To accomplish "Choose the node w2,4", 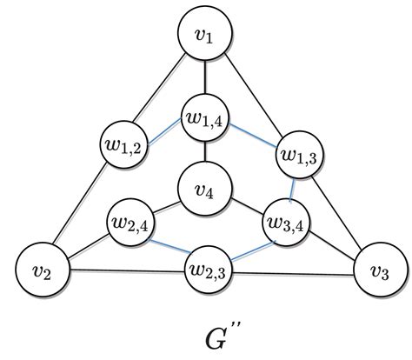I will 131,221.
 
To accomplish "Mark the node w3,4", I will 285,223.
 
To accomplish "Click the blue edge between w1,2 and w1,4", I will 164,132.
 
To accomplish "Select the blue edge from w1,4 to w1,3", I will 252,137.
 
